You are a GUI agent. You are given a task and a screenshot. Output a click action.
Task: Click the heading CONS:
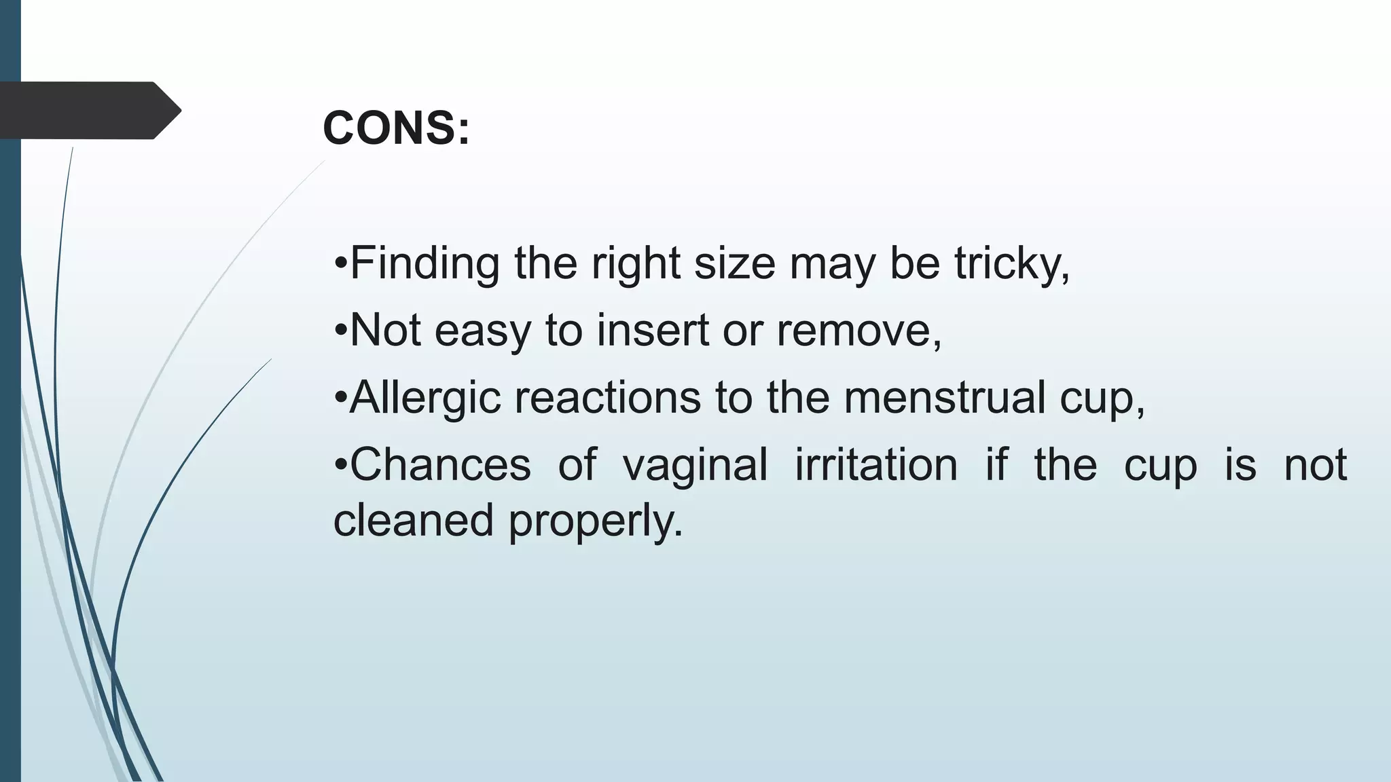(396, 128)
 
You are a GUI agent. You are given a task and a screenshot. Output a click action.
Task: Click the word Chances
(439, 465)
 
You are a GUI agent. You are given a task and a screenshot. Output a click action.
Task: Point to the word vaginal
(695, 466)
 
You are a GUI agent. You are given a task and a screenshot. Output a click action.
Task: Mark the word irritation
(876, 465)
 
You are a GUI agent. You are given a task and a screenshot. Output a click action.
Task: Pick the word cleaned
(413, 521)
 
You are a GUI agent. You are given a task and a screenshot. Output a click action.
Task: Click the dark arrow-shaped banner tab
(88, 110)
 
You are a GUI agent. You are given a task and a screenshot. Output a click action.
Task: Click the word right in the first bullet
(636, 263)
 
